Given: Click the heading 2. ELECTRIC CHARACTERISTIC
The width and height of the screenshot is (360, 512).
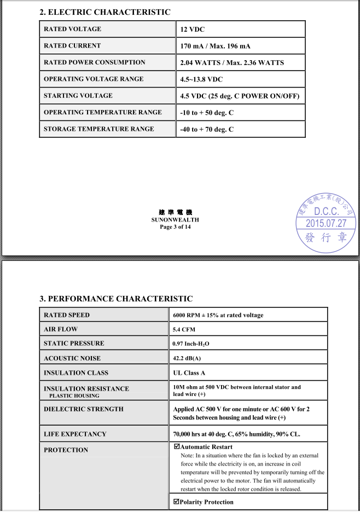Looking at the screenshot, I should pyautogui.click(x=105, y=12).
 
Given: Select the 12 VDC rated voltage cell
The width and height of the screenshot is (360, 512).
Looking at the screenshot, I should pyautogui.click(x=193, y=30).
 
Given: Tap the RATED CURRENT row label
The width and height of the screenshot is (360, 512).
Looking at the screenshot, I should pyautogui.click(x=72, y=46).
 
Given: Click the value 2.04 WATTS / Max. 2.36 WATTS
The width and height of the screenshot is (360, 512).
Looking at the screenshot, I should pyautogui.click(x=232, y=63).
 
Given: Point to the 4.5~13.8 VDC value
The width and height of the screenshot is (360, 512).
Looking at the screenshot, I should pyautogui.click(x=201, y=79).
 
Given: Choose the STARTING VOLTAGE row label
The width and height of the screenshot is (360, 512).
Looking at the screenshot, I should pyautogui.click(x=78, y=96).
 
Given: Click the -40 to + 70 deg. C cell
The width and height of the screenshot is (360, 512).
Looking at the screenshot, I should pyautogui.click(x=207, y=130).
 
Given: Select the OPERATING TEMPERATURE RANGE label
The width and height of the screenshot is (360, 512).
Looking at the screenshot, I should pyautogui.click(x=103, y=113).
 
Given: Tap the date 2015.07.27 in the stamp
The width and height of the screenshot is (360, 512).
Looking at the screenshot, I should pyautogui.click(x=326, y=223).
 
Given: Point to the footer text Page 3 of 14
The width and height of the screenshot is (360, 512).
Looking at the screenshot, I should pyautogui.click(x=175, y=227).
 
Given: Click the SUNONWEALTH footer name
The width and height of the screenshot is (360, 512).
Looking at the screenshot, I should pyautogui.click(x=175, y=220).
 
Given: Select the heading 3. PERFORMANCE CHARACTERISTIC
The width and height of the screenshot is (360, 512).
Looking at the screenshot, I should pyautogui.click(x=116, y=299).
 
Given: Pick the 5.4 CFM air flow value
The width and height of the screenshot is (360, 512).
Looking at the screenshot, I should pyautogui.click(x=184, y=329).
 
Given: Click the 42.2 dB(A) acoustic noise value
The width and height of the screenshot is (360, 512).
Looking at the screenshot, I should pyautogui.click(x=187, y=358).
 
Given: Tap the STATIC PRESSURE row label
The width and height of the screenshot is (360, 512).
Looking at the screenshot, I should pyautogui.click(x=74, y=344).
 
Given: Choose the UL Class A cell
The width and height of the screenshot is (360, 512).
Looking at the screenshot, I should pyautogui.click(x=189, y=373).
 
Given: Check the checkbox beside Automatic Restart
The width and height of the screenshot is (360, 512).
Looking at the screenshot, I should pyautogui.click(x=176, y=447).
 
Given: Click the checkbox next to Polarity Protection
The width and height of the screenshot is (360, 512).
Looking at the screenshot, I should pyautogui.click(x=176, y=502).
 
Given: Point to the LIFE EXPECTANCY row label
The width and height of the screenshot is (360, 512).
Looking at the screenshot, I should pyautogui.click(x=75, y=434).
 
